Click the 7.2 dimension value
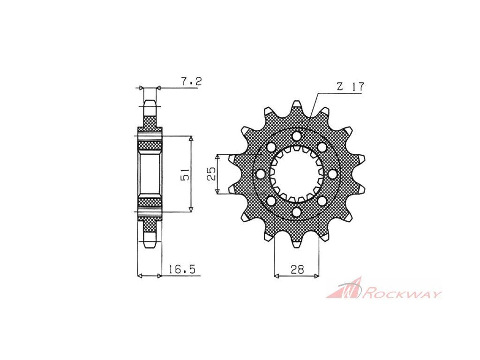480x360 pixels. point(191,82)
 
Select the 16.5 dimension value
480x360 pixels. point(181,270)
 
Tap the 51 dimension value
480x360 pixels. point(186,174)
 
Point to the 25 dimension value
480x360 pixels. point(211,174)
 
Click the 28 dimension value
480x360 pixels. point(297,270)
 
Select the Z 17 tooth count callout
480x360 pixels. point(350,87)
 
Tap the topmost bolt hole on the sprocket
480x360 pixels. point(297,135)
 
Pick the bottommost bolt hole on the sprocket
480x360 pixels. point(297,212)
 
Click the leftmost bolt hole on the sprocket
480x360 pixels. point(261,174)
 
